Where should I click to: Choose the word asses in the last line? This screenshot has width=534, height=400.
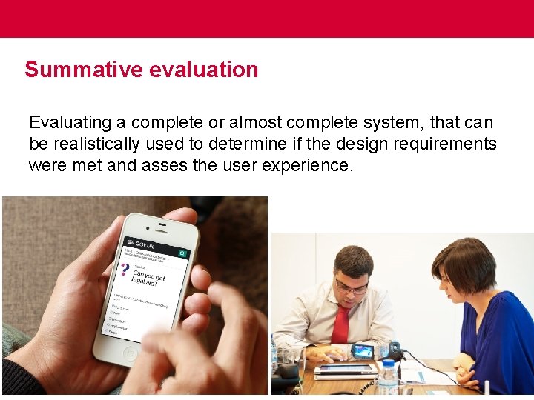(165, 165)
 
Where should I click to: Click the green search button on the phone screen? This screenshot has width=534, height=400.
(182, 254)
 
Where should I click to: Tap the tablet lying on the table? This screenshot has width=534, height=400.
(346, 369)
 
